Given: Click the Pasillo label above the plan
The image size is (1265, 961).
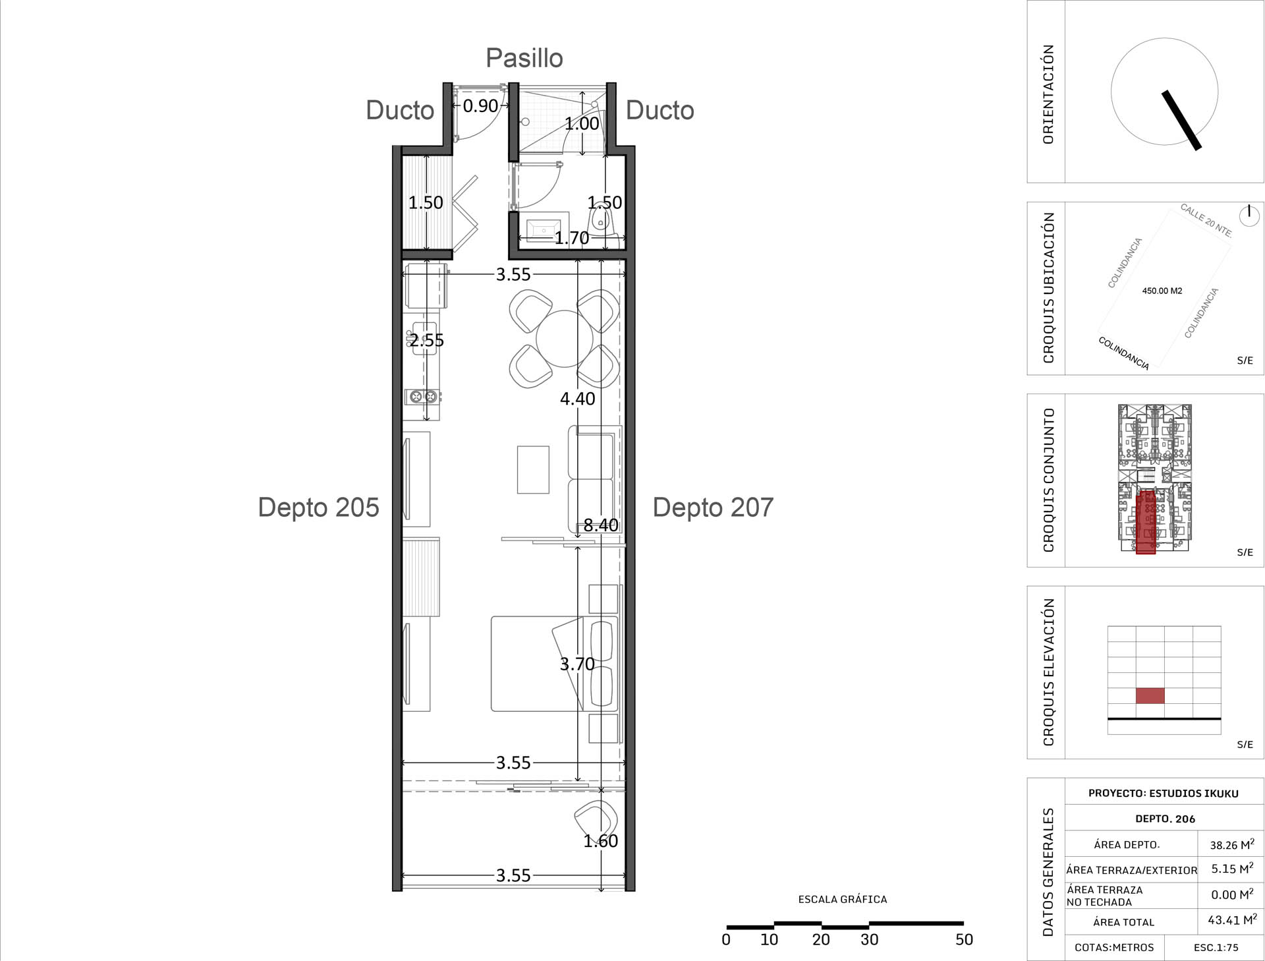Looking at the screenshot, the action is click(524, 58).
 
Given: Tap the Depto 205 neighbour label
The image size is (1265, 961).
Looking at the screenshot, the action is click(318, 508).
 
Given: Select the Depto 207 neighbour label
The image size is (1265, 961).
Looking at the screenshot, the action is click(713, 508).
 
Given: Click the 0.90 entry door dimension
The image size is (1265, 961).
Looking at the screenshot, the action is click(480, 105).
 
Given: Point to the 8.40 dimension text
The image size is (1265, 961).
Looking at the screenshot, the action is click(601, 525).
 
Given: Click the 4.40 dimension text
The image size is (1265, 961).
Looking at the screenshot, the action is click(578, 399).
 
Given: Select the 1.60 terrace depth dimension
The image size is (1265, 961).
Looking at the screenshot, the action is click(601, 841).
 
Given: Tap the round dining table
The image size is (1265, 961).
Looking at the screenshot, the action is click(565, 338).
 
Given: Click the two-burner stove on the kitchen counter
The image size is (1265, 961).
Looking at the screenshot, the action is click(422, 397).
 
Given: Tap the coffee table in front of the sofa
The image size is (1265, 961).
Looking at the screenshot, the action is click(533, 470).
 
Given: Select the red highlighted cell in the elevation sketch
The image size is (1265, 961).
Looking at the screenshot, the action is click(1150, 695).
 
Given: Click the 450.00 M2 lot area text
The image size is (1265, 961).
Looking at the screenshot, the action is click(1162, 291).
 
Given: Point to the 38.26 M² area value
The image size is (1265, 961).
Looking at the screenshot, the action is click(1232, 844).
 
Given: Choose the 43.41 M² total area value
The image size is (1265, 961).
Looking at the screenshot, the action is click(1232, 919).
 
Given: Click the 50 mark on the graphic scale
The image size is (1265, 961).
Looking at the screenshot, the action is click(964, 940).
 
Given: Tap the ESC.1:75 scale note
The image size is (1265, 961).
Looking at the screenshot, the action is click(1216, 948).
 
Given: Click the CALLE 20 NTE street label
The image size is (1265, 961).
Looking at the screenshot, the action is click(1206, 220).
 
